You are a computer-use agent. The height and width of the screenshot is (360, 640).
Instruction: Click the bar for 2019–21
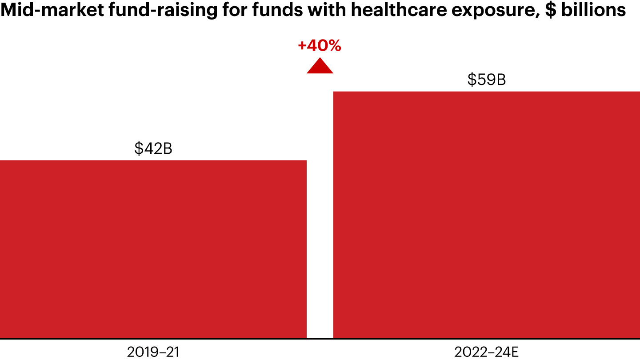click(153, 249)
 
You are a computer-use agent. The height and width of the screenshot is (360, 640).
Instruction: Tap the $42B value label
click(153, 149)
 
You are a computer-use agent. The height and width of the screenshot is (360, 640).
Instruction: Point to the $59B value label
click(487, 80)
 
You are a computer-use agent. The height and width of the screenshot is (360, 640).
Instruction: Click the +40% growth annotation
click(320, 46)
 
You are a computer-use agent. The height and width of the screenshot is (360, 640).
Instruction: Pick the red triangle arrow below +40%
click(320, 67)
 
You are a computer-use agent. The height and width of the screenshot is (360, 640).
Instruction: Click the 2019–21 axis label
click(153, 352)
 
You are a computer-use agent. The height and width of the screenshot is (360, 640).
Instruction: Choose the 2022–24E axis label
click(487, 352)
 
